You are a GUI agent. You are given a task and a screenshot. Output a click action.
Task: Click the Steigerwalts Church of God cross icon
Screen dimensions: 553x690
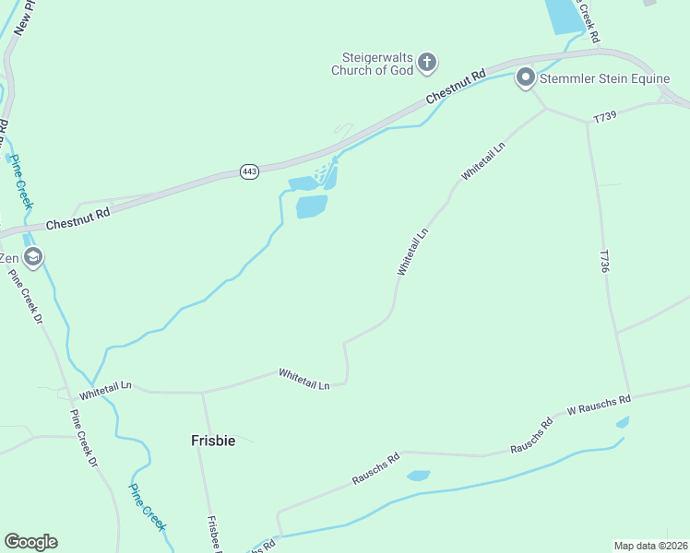tap(426, 63)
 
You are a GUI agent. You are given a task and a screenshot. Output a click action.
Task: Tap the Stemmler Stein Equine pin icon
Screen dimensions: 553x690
tap(526, 77)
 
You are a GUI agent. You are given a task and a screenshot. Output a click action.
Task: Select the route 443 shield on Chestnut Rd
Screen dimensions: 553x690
tap(249, 171)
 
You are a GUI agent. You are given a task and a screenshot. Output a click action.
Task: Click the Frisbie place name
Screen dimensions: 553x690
tap(213, 441)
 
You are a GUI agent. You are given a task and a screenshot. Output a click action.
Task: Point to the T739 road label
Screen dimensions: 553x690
tap(604, 117)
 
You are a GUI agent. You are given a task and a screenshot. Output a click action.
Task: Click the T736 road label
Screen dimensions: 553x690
tap(605, 261)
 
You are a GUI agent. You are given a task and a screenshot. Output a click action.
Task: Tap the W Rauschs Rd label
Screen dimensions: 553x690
tap(599, 403)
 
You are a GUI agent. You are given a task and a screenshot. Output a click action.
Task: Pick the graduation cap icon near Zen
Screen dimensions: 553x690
tap(33, 257)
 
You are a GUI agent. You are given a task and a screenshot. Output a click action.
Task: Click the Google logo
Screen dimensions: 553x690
tap(30, 542)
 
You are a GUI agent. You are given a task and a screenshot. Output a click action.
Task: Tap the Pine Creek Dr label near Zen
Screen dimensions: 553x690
tap(25, 296)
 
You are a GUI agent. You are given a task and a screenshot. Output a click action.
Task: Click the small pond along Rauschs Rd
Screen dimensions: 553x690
tap(419, 476)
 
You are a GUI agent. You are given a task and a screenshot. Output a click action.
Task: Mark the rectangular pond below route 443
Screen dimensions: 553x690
tap(312, 206)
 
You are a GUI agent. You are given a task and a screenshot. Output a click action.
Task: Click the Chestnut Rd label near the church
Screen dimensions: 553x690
tap(456, 88)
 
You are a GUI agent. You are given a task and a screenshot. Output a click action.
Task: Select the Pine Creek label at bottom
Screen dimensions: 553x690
tap(147, 507)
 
